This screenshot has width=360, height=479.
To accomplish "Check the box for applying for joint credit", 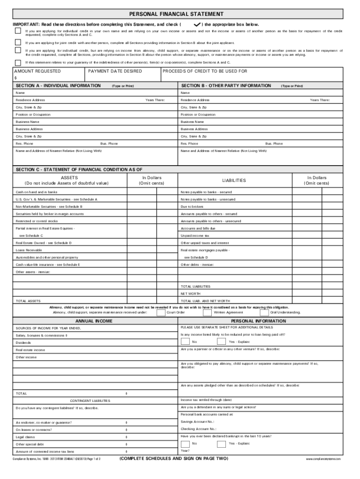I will click(18, 41).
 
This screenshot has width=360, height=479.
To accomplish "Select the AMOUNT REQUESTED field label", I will click(37, 71).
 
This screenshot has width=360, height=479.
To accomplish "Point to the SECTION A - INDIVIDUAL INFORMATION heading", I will click(58, 86).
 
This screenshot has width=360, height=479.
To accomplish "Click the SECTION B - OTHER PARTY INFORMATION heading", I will click(226, 86).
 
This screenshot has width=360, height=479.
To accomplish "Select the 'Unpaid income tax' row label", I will click(195, 236).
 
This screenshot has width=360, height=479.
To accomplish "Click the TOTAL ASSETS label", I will click(28, 301).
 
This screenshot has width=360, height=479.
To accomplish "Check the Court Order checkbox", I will click(160, 312).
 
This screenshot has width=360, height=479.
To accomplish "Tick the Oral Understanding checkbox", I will click(264, 312).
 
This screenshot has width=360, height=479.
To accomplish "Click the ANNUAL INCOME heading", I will click(94, 321).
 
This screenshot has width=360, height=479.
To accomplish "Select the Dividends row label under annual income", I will click(23, 343).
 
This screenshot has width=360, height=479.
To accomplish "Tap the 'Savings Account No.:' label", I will click(198, 421).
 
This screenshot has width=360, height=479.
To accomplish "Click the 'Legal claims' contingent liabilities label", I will click(25, 437).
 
